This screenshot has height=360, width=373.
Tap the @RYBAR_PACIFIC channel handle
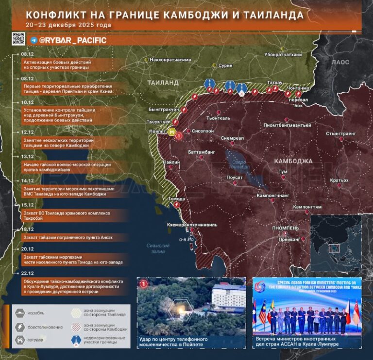tap(72, 40)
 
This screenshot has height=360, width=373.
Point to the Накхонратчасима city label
tap(170, 60)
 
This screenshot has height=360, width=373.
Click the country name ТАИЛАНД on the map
tap(163, 83)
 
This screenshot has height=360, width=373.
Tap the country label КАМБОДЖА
tap(293, 161)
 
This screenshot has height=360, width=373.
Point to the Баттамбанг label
tap(201, 152)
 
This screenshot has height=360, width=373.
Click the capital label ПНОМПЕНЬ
tap(286, 228)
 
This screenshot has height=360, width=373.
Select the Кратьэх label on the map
tap(339, 180)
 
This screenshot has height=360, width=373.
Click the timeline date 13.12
tap(27, 157)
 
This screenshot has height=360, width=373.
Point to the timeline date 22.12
tap(27, 273)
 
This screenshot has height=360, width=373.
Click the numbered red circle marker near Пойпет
tap(179, 136)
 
